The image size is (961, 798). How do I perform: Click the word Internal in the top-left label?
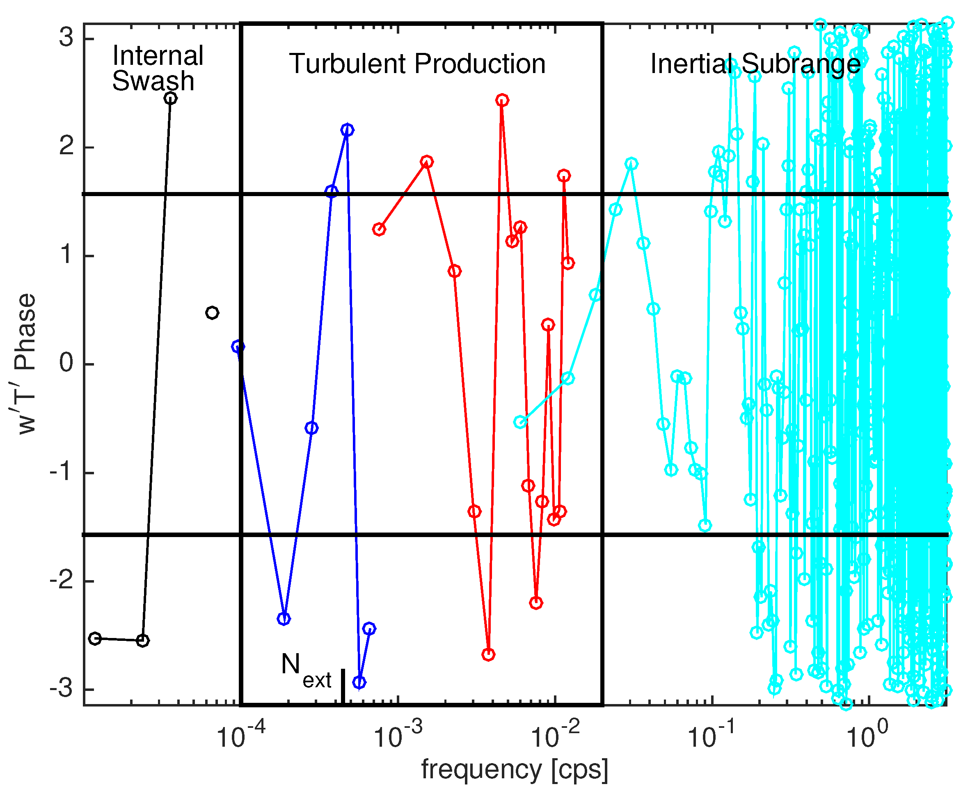point(158,56)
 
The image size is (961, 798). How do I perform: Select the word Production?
point(480,64)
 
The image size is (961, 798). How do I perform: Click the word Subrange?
point(801,64)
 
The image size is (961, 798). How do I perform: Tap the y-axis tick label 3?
point(66,37)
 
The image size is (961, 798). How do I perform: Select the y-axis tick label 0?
point(66,364)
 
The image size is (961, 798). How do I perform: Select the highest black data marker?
point(170,98)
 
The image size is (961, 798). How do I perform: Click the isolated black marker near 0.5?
point(212,313)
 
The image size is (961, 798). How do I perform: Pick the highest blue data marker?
point(347,130)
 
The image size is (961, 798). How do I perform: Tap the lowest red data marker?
point(488,655)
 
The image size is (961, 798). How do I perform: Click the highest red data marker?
point(502,100)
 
